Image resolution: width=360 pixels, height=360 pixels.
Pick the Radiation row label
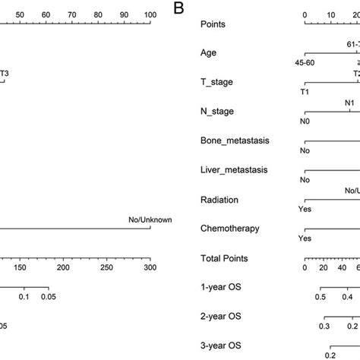click(219, 199)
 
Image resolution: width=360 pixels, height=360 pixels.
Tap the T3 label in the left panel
click(5, 74)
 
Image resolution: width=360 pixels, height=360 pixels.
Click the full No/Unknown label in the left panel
click(150, 220)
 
